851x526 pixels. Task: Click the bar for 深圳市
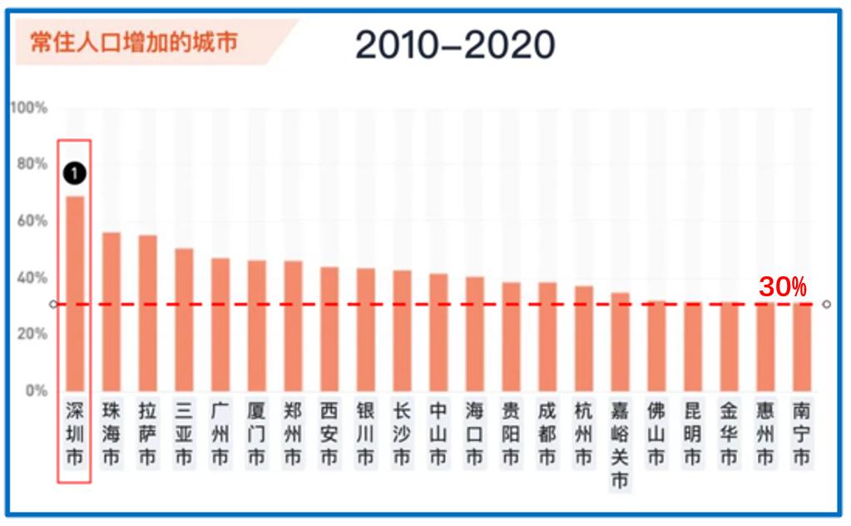click(x=75, y=293)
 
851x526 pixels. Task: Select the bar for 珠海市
click(x=111, y=311)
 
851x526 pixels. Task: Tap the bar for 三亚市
click(x=184, y=320)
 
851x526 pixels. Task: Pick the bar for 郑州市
click(x=293, y=325)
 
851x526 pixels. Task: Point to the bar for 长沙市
click(x=402, y=330)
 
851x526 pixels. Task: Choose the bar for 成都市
click(x=547, y=336)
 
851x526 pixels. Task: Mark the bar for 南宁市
click(x=802, y=347)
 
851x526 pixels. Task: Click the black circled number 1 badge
click(x=75, y=173)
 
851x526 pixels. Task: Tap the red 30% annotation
click(x=782, y=287)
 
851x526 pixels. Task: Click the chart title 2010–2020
click(x=455, y=45)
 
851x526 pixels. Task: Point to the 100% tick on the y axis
click(x=29, y=108)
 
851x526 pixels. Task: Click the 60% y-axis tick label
click(x=32, y=221)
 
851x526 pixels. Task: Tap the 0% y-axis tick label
click(x=36, y=390)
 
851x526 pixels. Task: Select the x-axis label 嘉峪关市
click(x=620, y=445)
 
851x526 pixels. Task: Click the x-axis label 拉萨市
click(x=147, y=434)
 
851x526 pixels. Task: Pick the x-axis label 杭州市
click(x=584, y=434)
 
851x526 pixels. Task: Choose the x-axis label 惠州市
click(x=765, y=434)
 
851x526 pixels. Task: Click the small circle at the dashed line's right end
click(x=826, y=304)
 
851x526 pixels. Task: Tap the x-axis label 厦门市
click(x=256, y=434)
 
